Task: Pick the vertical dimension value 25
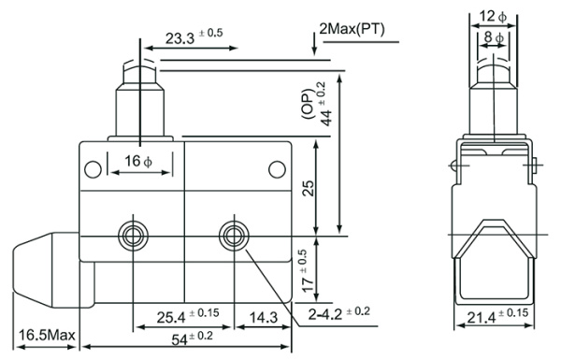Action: [309, 190]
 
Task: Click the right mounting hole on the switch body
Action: [229, 232]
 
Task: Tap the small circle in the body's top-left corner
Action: [93, 168]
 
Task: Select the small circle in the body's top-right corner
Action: [277, 168]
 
